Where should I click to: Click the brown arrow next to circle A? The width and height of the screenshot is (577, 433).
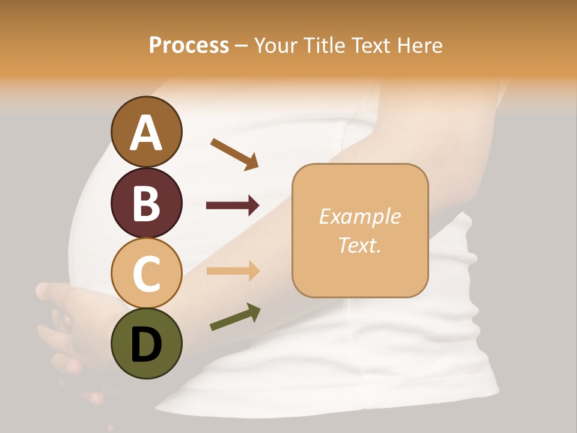(234, 153)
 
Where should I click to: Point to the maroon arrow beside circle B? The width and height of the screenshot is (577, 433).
(233, 206)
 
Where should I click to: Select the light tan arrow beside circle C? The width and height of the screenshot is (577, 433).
(233, 271)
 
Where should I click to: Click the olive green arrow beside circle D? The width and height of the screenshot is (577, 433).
(235, 318)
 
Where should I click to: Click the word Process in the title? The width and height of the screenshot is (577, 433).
(189, 46)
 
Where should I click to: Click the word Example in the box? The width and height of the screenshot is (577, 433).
(359, 216)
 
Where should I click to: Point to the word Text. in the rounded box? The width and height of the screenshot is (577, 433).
(359, 245)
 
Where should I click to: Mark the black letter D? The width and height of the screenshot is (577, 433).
(146, 344)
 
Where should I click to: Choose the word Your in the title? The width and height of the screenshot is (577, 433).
(275, 46)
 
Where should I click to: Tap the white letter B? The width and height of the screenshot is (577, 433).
(146, 203)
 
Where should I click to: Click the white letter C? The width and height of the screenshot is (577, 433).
(146, 274)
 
